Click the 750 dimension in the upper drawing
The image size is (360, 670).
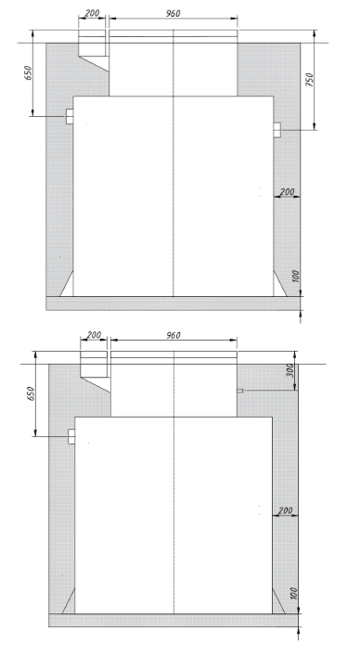pos(310,80)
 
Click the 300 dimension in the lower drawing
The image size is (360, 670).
pos(290,370)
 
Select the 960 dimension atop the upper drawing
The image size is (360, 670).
pos(173,13)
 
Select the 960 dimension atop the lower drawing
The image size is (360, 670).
pos(173,335)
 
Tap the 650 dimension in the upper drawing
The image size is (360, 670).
pos(28,72)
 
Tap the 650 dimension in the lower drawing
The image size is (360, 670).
pos(31,393)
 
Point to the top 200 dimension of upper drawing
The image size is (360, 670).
pos(92,13)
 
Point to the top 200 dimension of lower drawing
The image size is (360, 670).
pos(94,335)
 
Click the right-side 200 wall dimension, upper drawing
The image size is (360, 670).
pos(287,192)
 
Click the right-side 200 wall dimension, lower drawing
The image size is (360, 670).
pos(285,510)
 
